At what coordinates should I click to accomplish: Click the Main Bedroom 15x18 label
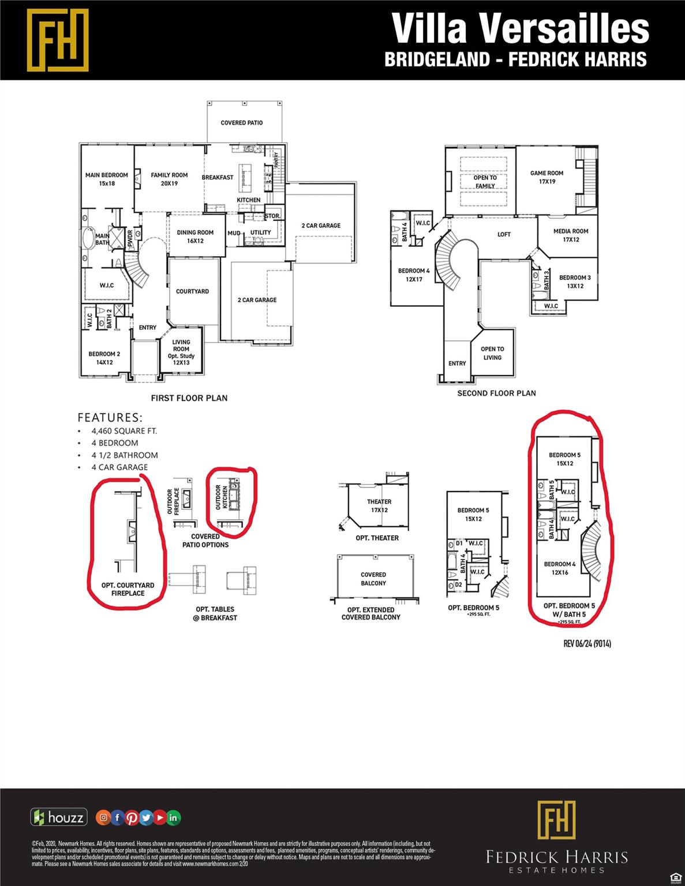[107, 179]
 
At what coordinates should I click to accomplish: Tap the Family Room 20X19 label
[169, 179]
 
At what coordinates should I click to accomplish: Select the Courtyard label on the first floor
[192, 291]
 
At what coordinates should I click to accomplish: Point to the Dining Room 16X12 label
[195, 236]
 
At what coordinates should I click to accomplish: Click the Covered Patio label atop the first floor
[242, 123]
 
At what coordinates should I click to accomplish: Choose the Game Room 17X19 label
[546, 177]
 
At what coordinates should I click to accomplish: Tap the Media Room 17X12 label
[571, 235]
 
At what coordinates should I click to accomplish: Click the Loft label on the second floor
[504, 234]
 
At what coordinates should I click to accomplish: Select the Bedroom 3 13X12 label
[575, 281]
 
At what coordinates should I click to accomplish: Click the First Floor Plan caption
[189, 398]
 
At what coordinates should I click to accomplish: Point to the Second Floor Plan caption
[496, 393]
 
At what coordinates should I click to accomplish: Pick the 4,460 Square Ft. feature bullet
[124, 431]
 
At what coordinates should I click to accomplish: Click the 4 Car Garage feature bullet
[119, 467]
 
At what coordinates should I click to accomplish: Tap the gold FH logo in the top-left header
[58, 40]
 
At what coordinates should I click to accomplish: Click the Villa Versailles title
[521, 28]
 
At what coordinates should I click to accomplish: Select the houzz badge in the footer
[59, 817]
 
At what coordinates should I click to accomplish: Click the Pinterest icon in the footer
[132, 817]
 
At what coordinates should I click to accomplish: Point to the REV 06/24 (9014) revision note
[587, 644]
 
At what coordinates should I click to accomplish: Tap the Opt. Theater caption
[377, 538]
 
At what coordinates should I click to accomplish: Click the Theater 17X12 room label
[379, 506]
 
